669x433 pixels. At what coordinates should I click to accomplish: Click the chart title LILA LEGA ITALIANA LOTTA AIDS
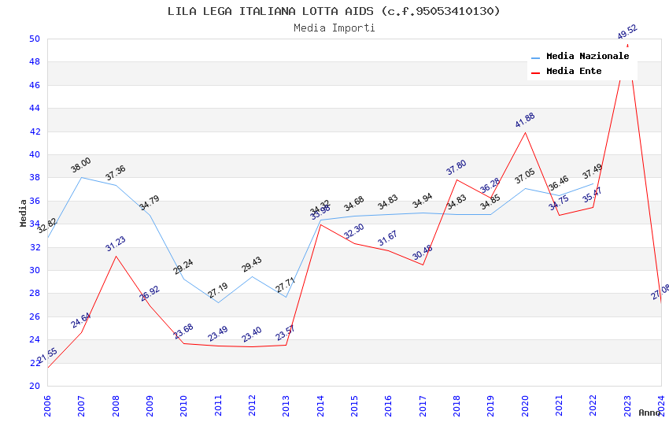coord(334,11)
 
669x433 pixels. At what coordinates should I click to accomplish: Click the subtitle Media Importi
coord(334,28)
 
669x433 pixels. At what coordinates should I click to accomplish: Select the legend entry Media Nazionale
coord(587,57)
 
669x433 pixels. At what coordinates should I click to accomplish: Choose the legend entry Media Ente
coord(574,72)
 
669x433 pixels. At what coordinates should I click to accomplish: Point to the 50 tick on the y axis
coord(35,39)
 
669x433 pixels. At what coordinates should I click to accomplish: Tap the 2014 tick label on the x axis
coord(321,405)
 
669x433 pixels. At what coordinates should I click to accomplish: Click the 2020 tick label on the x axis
coord(525,405)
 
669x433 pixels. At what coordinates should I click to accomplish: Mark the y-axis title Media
coord(24,213)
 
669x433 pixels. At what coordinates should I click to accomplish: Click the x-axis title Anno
coord(649,413)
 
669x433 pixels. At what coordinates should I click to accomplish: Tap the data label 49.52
coord(627,32)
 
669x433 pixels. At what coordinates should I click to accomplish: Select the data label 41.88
coord(525,120)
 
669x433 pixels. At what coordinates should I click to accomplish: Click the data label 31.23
coord(116,243)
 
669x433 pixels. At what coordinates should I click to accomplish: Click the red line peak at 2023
coord(627,45)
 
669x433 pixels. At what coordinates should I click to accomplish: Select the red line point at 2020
coord(525,132)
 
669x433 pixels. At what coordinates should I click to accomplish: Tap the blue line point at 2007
coord(81,177)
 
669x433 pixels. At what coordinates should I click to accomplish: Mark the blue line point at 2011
coord(217,302)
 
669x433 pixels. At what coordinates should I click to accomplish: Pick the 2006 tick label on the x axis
coord(48,405)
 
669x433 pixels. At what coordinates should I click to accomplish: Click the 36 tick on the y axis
coord(35,201)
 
